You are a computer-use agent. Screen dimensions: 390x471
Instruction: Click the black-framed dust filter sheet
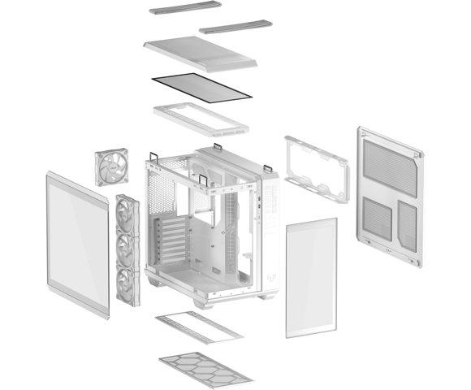(202, 85)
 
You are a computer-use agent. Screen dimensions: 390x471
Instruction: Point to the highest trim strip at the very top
(185, 9)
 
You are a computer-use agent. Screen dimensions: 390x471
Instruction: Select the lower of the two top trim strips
(235, 27)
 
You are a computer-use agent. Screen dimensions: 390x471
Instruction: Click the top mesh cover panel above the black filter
(201, 53)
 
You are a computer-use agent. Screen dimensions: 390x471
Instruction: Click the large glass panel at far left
(78, 244)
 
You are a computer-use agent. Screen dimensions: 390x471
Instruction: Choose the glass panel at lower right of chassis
(311, 276)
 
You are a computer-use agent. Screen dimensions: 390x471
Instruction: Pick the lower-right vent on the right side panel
(408, 225)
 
